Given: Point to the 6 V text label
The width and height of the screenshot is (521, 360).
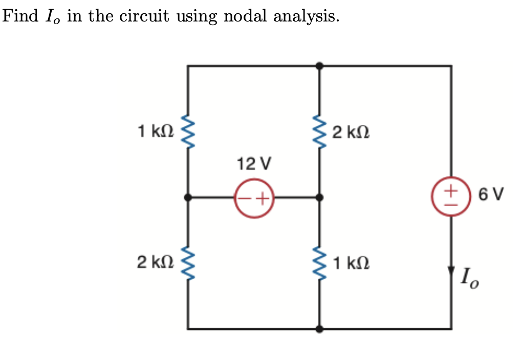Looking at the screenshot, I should pos(491,194).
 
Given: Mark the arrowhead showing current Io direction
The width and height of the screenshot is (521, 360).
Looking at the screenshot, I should pos(451,270).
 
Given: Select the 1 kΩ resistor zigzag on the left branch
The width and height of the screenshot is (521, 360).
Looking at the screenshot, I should pos(188,132).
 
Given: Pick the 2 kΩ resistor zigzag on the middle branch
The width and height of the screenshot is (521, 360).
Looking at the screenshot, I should pos(319,132).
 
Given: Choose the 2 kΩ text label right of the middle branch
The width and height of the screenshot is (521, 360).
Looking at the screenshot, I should pos(351,133).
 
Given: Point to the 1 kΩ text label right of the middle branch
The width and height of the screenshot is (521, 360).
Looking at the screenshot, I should pos(351,264).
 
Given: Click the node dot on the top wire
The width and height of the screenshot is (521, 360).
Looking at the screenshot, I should pos(319,66).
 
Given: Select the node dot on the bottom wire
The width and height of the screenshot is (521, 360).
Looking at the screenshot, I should pos(319,329).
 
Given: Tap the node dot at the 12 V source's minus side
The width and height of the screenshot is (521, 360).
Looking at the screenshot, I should pos(188,197).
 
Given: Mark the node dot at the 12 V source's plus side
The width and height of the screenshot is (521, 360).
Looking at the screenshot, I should pos(319,197).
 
